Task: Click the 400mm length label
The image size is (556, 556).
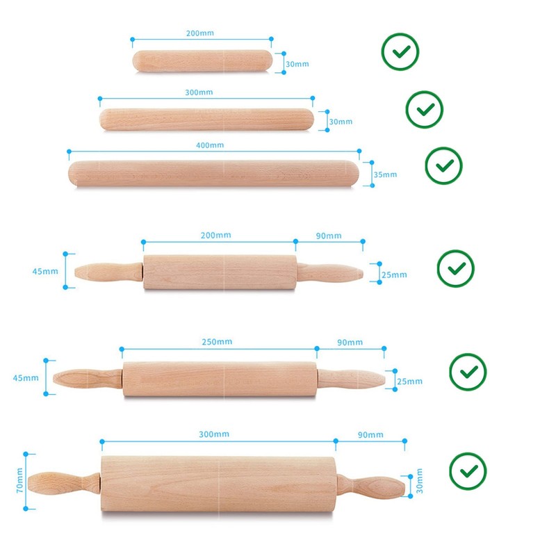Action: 210,145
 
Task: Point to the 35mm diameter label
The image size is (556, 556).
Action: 385,174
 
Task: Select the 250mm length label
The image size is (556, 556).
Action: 217,342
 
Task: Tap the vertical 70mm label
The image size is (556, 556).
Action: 19,480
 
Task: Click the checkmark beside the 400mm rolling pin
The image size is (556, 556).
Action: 444,165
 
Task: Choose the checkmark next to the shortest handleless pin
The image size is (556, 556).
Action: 400,51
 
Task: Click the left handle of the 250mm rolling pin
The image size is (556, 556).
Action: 88,378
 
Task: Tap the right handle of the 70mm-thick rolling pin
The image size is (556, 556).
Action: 370,486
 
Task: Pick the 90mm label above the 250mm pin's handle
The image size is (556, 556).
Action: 350,343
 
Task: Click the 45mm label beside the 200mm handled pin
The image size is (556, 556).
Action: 45,272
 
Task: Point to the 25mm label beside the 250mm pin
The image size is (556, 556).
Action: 409,382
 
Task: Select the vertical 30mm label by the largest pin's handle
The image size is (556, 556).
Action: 420,481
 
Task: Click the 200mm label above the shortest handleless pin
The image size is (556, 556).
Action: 200,33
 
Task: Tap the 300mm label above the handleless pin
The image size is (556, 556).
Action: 199,92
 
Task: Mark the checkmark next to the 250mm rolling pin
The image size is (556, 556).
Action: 468,372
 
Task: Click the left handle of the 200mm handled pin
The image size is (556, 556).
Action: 109,272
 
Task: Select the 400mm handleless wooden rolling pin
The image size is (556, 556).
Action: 213,173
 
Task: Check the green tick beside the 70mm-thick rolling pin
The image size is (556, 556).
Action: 468,471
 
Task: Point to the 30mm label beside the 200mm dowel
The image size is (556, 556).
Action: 297,64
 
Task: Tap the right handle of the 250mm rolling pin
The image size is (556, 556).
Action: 351,379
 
